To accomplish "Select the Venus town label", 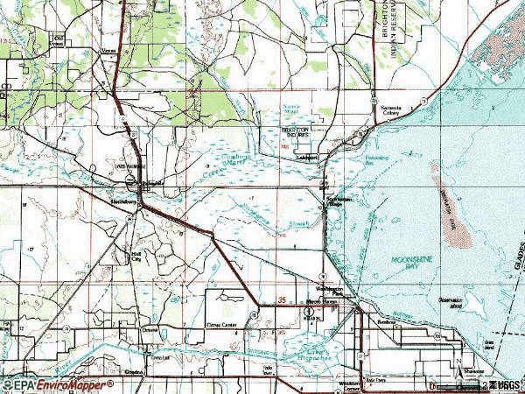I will (x=109, y=50).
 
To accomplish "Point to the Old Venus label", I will (x=59, y=39).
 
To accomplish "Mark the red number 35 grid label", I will (x=282, y=300).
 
